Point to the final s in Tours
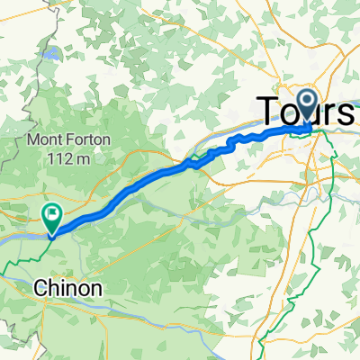(346, 112)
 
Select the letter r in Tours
(328, 112)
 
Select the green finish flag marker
(51, 216)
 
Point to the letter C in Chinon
(40, 289)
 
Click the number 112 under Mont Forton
(56, 158)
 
